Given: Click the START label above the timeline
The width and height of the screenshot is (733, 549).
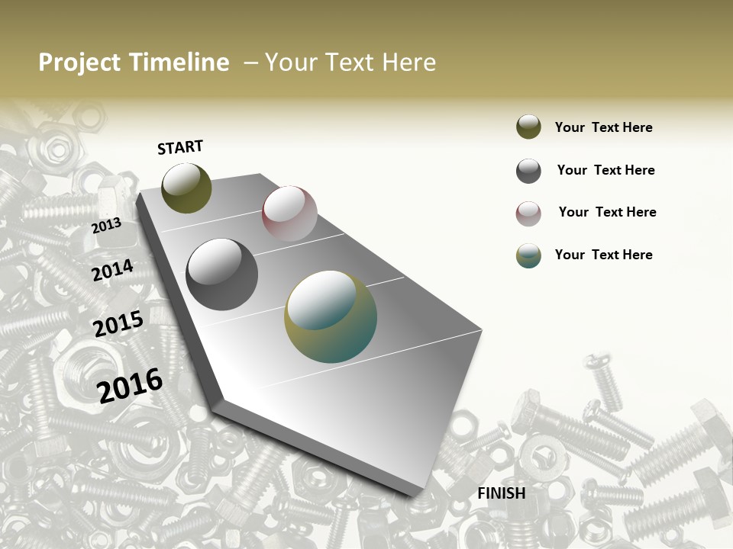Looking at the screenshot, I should [x=180, y=147].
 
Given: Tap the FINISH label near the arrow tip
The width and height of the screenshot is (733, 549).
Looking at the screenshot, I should [x=502, y=493].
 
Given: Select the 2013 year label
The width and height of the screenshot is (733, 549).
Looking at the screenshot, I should [x=106, y=225].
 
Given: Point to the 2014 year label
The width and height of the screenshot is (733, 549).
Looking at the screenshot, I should [x=113, y=271].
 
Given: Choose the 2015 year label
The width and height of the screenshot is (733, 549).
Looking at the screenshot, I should [x=118, y=324].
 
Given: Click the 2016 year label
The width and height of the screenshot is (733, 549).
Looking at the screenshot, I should [x=130, y=385].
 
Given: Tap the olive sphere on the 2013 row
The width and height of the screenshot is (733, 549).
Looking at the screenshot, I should [x=187, y=188].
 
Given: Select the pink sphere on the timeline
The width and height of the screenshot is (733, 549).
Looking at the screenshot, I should [x=289, y=213].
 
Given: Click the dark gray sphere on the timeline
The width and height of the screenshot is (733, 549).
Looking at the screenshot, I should [x=222, y=274].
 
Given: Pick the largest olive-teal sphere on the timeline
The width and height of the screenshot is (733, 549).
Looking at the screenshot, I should [x=331, y=317].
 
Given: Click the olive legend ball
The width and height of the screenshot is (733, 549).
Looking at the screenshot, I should [x=528, y=127].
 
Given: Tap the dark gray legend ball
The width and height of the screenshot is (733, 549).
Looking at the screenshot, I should [x=528, y=171].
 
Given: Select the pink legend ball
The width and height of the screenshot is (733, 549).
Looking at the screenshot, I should [x=528, y=213].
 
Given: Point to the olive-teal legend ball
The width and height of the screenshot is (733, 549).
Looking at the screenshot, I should [x=528, y=255].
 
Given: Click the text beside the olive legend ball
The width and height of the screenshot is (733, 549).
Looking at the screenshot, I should [x=603, y=127].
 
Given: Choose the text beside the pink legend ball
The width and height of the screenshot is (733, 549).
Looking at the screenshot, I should [x=607, y=212].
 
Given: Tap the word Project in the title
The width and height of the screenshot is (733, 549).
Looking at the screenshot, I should [x=79, y=63].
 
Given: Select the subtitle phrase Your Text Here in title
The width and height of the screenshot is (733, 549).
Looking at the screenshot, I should [x=350, y=63].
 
